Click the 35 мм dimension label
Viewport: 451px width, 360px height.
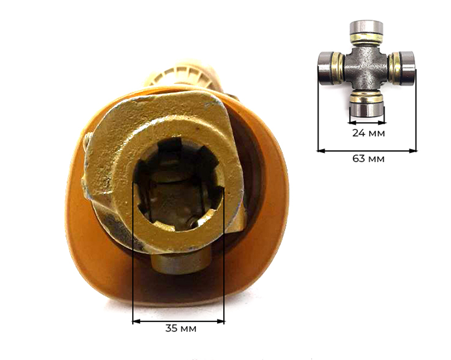click(x=181, y=328)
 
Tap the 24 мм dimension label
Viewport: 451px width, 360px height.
click(x=368, y=133)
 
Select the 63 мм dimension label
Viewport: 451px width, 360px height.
click(x=368, y=158)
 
